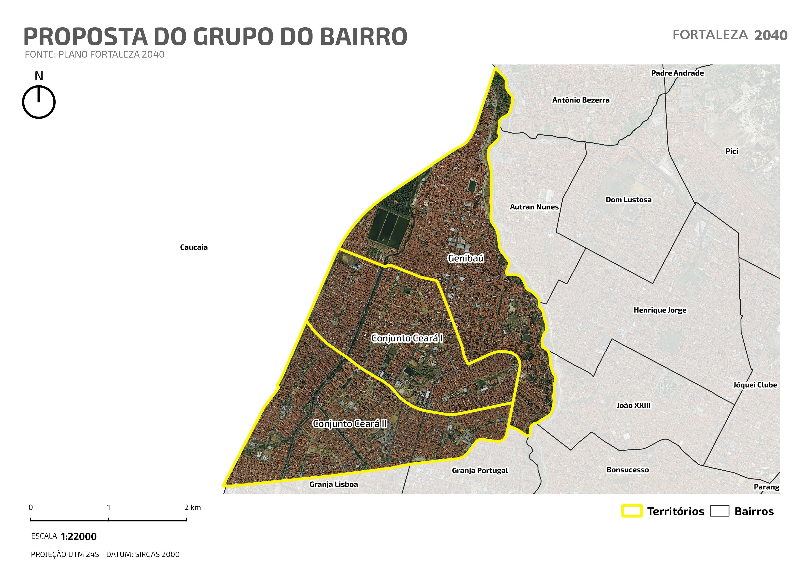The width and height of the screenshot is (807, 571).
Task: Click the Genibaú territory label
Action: [x=466, y=258]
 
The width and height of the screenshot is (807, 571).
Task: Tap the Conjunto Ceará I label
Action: [x=407, y=338]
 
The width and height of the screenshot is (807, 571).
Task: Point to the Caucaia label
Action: [x=194, y=247]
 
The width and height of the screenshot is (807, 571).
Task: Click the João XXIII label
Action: [x=633, y=405]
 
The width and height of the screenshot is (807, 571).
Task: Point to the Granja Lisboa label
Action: [x=334, y=484]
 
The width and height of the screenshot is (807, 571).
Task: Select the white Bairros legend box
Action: [x=719, y=511]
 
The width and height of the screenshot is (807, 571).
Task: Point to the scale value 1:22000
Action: [x=79, y=536]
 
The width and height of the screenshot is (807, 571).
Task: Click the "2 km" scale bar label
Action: [x=193, y=507]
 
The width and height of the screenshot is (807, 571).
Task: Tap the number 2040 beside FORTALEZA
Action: [x=771, y=35]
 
